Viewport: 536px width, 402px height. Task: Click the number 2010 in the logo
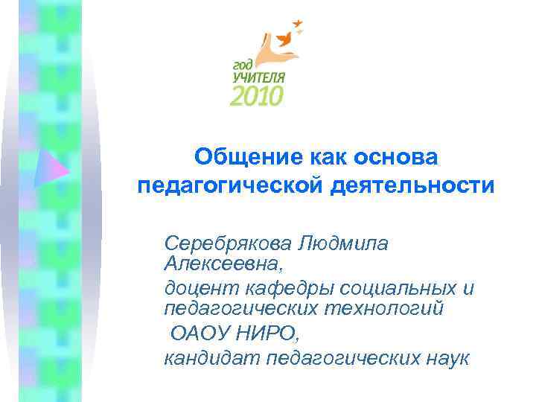258,95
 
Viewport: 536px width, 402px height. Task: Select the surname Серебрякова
228,243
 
